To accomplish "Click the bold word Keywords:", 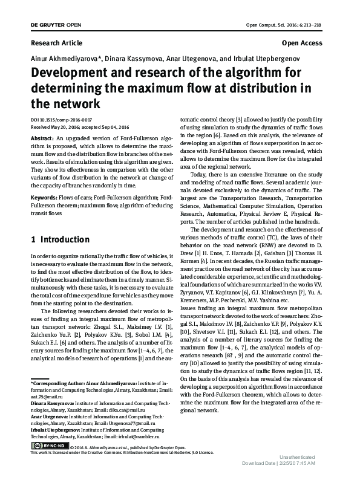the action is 44,197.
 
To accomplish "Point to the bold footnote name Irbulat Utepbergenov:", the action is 56,430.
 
